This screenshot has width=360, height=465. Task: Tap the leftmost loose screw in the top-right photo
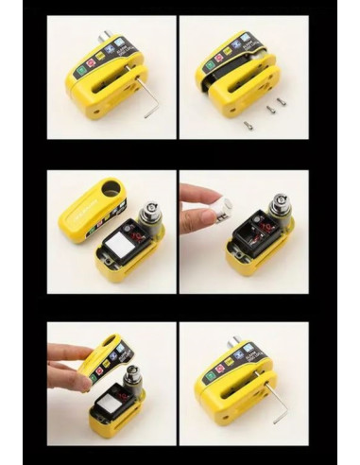point(249,124)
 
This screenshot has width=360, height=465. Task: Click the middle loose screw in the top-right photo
point(269,110)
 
